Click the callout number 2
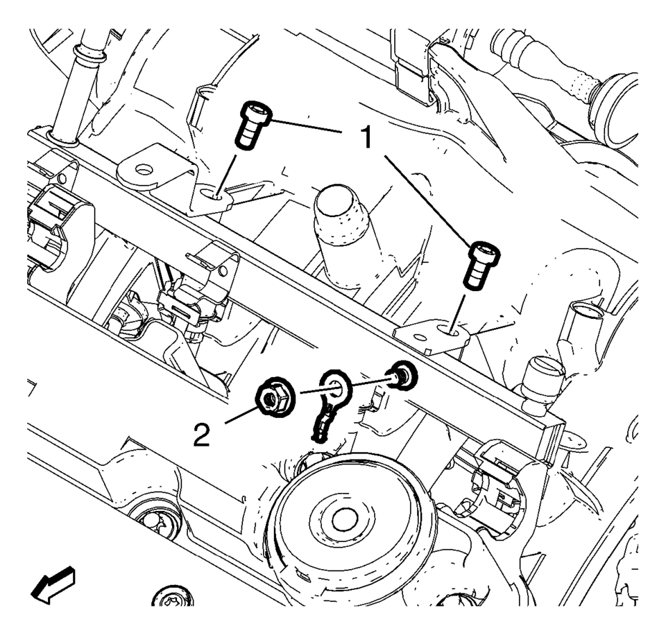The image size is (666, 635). point(202,435)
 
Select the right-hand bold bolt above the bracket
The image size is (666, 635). point(484,266)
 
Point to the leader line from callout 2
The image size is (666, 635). point(241,415)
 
